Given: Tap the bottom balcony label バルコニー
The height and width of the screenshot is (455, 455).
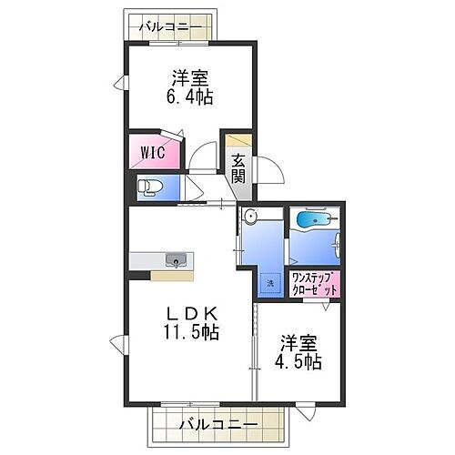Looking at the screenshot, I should click(217, 423).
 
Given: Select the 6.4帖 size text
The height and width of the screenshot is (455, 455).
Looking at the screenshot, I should click(189, 96).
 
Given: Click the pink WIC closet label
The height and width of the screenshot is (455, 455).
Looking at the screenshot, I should click(152, 152).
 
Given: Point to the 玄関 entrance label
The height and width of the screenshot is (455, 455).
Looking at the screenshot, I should click(238, 169).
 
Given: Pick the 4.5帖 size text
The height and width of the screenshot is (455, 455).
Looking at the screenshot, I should click(299, 361).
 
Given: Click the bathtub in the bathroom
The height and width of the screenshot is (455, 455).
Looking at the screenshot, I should click(313, 221).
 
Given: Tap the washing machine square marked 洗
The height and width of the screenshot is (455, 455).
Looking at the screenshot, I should click(269, 284).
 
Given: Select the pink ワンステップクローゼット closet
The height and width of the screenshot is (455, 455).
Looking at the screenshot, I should click(315, 283).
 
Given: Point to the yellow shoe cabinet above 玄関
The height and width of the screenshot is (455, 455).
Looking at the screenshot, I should click(238, 141).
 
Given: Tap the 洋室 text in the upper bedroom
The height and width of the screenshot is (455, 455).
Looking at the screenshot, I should click(190, 76).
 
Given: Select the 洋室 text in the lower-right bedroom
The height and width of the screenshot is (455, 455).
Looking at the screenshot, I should click(299, 342).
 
